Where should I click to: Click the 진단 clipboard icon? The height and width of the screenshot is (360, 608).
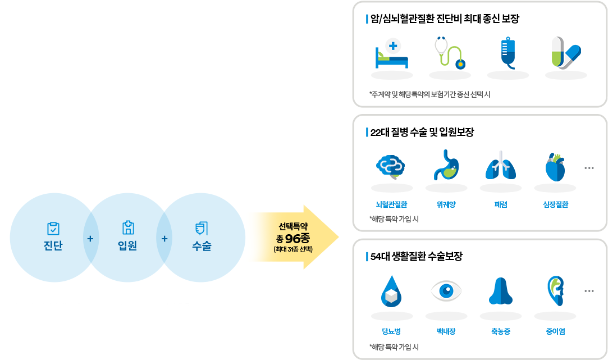53,228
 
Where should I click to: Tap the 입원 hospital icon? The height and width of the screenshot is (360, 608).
128,227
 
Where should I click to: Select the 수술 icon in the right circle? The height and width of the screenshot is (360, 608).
202,227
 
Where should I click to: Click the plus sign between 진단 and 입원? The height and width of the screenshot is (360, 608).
90,238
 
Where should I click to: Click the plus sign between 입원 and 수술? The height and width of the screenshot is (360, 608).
164,238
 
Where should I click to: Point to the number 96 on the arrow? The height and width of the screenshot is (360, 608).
294,238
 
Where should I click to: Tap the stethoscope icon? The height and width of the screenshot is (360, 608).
449,53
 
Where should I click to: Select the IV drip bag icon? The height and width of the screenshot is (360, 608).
508,53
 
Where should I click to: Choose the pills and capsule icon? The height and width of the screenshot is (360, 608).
565,53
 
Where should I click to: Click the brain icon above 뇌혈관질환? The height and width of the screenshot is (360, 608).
391,166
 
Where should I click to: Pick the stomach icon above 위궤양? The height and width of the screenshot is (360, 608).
446,166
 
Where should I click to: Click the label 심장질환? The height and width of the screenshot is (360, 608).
555,204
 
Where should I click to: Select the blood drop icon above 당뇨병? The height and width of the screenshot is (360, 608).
391,291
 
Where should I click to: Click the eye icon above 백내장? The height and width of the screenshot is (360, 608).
446,290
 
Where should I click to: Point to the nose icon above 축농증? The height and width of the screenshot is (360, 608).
501,291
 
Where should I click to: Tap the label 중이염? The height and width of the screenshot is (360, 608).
555,331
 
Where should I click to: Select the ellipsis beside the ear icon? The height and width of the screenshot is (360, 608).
589,291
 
